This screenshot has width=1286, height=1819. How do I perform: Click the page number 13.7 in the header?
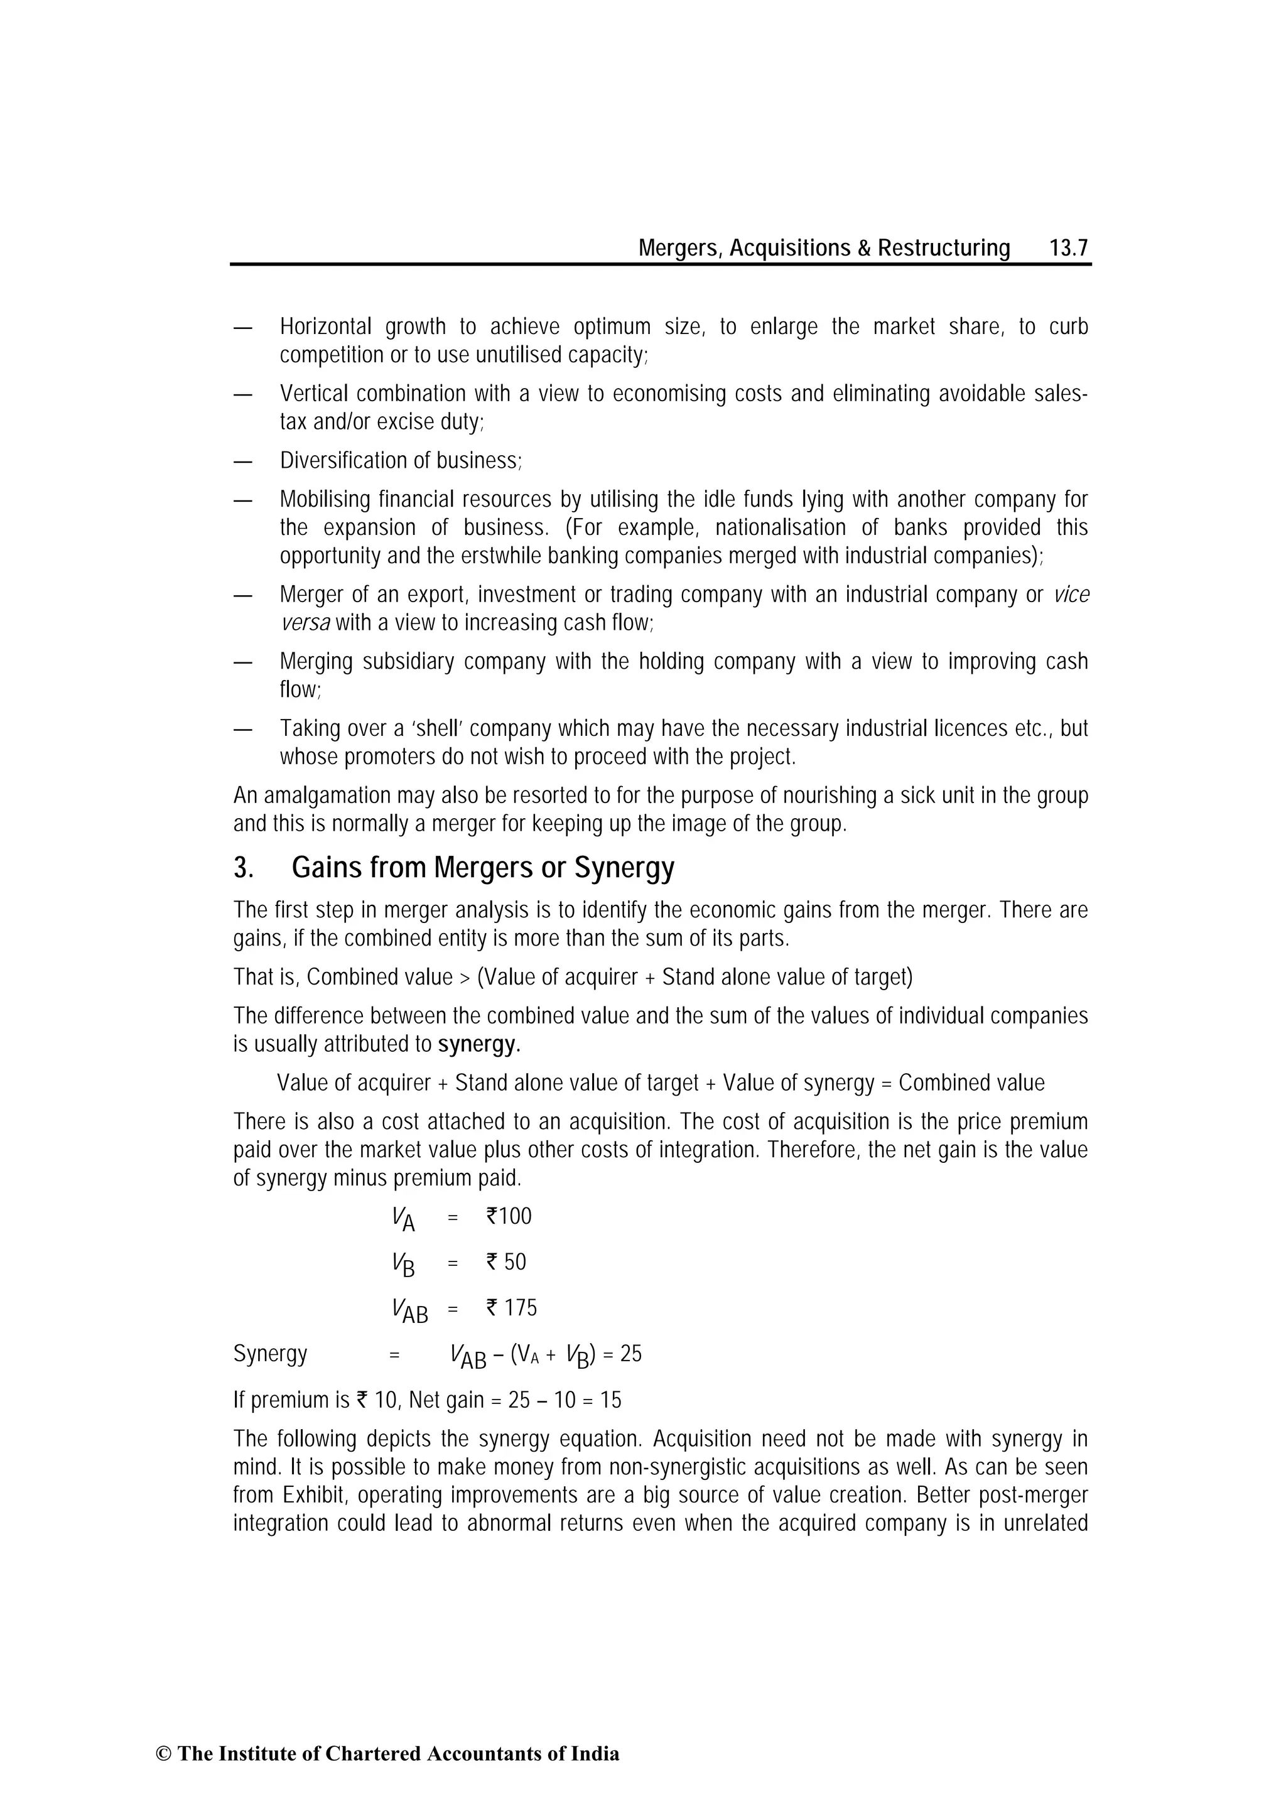coord(1068,249)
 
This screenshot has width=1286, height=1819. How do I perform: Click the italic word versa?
coord(305,623)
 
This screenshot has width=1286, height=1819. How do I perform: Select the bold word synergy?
coord(478,1044)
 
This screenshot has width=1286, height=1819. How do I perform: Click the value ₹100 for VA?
coord(509,1216)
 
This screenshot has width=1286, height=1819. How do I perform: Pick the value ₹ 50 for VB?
coord(506,1262)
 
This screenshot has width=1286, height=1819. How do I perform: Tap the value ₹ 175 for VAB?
coord(511,1308)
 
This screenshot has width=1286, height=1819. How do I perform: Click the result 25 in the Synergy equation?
coord(630,1354)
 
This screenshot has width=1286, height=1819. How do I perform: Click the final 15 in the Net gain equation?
coord(611,1400)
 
